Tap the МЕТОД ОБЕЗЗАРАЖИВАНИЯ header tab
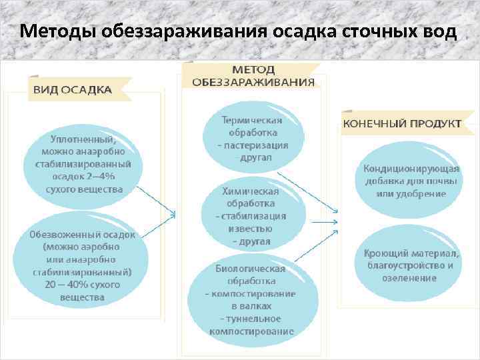[x=253, y=75]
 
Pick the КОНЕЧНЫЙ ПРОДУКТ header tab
[x=401, y=124]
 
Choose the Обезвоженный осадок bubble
[x=83, y=265]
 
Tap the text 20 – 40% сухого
[x=82, y=285]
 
